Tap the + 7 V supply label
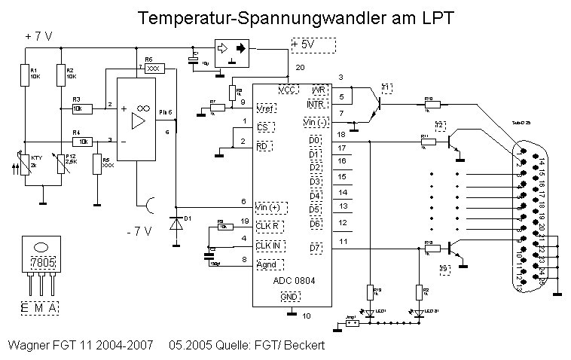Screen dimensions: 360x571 [x=38, y=36]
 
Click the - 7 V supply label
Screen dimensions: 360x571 [x=140, y=232]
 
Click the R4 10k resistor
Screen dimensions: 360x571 [x=82, y=141]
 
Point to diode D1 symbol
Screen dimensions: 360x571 [x=177, y=224]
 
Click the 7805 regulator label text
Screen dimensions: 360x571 [x=41, y=263]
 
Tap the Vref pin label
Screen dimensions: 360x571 [x=264, y=107]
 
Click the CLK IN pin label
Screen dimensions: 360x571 [x=268, y=245]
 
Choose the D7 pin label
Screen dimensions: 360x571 [x=315, y=248]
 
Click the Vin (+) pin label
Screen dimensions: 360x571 [x=271, y=206]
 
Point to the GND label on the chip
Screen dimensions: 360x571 [x=290, y=297]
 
